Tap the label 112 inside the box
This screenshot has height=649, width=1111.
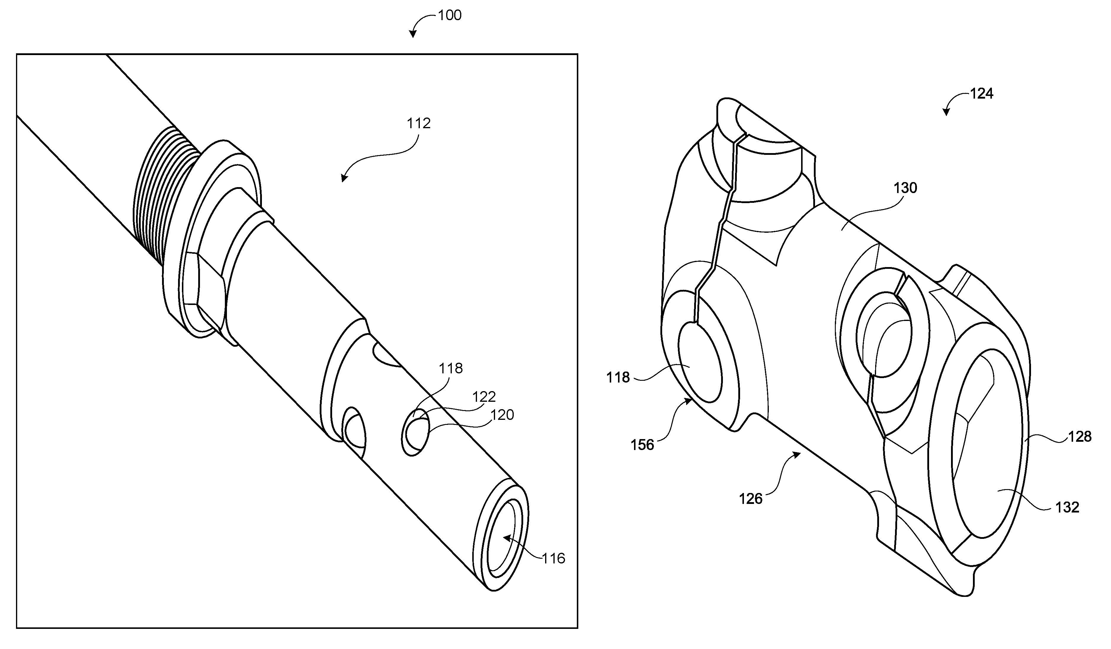point(418,123)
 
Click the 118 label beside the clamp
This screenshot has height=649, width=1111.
point(618,377)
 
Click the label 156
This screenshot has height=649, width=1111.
point(642,445)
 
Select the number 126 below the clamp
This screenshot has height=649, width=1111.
point(750,499)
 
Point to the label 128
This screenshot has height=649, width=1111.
point(1080,437)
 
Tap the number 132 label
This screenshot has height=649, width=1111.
point(1067,507)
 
